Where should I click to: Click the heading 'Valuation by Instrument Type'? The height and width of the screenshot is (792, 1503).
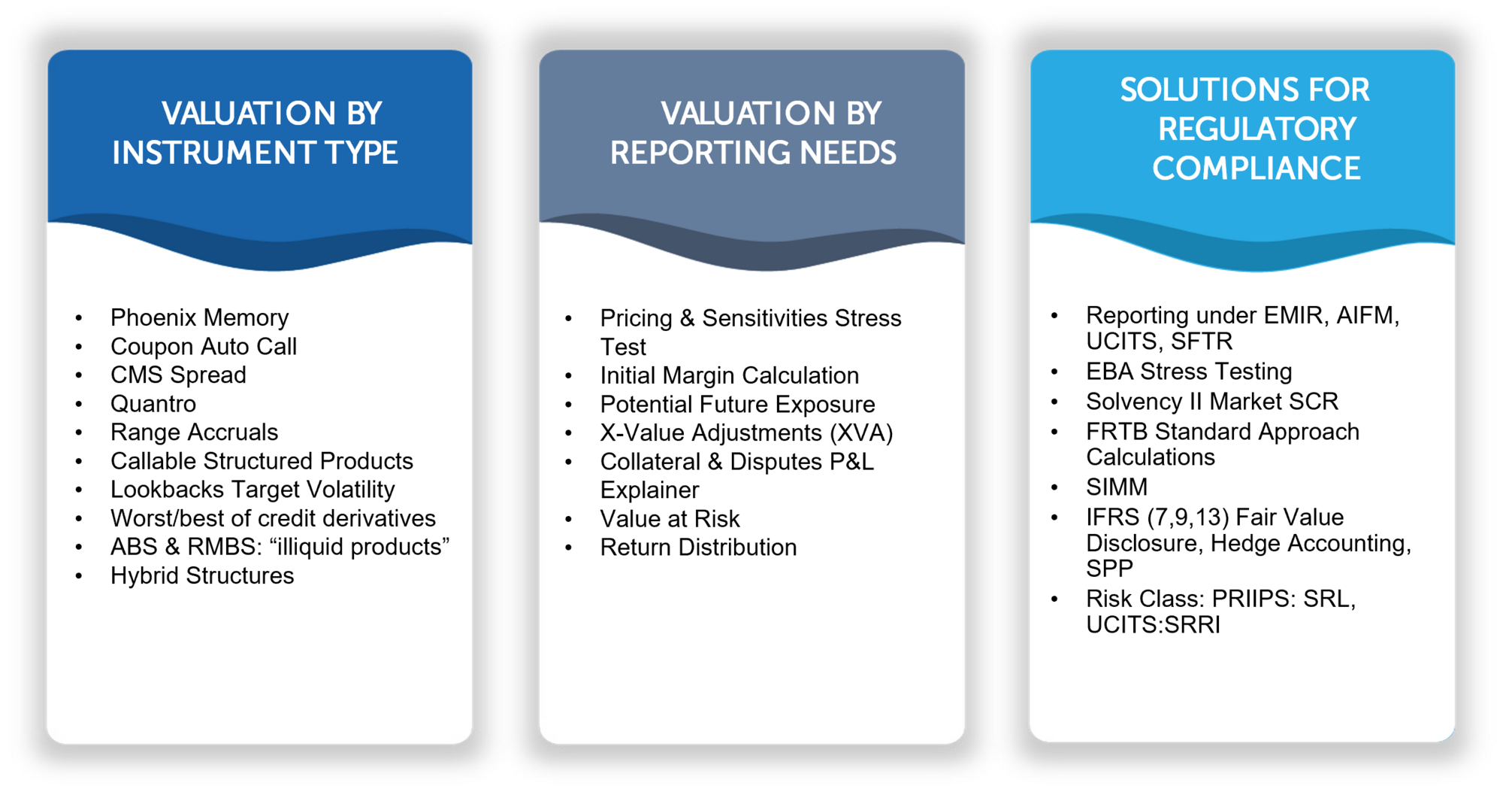(256, 133)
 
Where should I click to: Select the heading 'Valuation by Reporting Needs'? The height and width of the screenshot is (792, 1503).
(753, 133)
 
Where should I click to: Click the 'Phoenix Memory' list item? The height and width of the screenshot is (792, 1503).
(199, 318)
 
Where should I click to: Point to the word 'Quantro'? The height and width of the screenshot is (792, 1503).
(153, 404)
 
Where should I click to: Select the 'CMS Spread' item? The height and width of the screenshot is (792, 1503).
(178, 375)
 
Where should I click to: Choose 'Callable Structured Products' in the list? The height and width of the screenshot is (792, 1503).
(262, 460)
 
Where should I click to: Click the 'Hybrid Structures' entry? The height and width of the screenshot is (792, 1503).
(202, 575)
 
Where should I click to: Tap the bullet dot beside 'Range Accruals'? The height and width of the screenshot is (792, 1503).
(79, 433)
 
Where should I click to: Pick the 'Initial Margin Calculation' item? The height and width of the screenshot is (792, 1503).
(729, 375)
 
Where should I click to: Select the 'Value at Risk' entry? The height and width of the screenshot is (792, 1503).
(670, 518)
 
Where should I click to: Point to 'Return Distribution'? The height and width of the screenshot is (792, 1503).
(698, 547)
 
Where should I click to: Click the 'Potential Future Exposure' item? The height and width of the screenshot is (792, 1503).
(737, 404)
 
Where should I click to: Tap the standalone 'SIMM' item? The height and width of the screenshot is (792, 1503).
(1117, 487)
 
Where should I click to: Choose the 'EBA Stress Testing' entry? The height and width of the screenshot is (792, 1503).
(1189, 371)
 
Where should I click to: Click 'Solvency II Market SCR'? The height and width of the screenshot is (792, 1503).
(1212, 401)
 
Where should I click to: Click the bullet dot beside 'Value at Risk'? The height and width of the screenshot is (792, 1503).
(569, 520)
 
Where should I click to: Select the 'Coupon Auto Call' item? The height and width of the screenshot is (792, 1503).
(204, 346)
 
